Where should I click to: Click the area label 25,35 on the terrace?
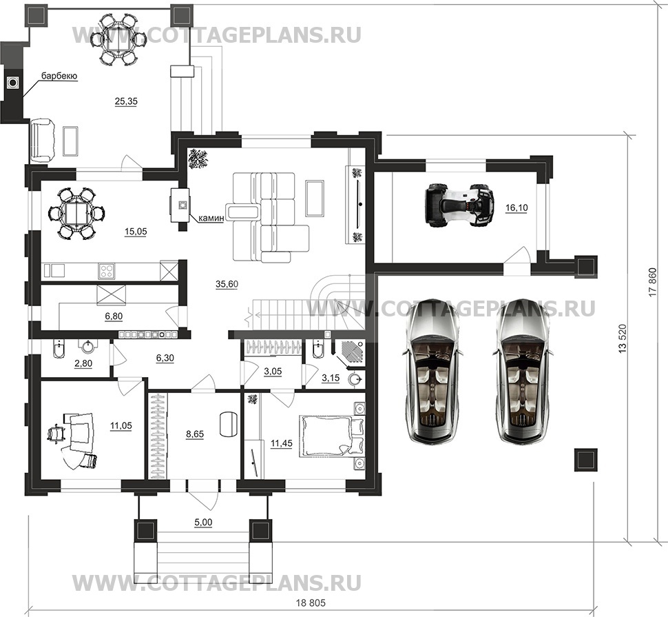pyautogui.click(x=126, y=101)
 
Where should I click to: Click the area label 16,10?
pyautogui.click(x=516, y=208)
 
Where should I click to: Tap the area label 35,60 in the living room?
pyautogui.click(x=226, y=284)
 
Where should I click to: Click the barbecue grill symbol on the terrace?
pyautogui.click(x=12, y=83)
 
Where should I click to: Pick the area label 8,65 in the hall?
pyautogui.click(x=195, y=436)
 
